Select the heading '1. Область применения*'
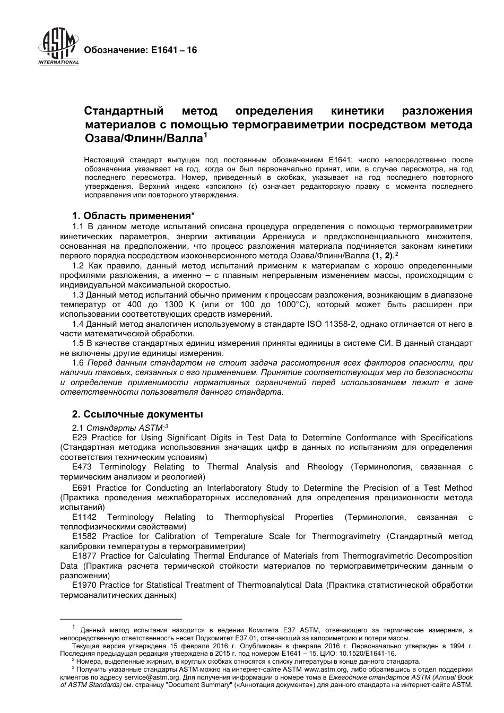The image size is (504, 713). point(133,216)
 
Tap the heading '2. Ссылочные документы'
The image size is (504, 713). point(137,414)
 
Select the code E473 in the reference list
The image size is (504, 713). point(82,467)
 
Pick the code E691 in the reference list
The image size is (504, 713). point(82,488)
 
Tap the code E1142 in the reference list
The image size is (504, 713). point(84,517)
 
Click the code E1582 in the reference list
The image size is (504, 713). point(84,536)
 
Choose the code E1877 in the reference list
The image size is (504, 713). point(84,556)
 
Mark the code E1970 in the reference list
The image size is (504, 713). point(84,585)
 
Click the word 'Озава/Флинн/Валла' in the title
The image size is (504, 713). point(144,138)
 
